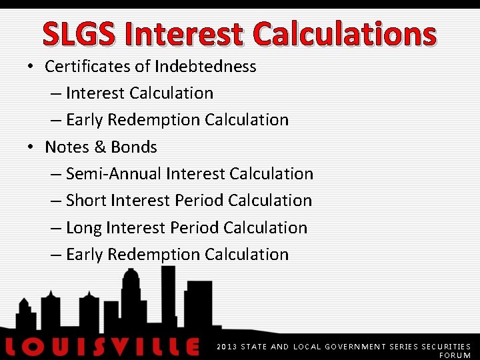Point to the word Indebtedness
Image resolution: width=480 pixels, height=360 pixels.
205,67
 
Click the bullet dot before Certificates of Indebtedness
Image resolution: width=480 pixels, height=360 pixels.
31,67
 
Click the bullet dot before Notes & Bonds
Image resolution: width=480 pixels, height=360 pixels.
31,147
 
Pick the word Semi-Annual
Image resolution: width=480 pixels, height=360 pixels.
114,174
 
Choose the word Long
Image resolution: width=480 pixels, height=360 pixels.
84,228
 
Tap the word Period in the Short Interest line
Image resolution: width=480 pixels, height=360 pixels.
199,201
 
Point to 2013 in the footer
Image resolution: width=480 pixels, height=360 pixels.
227,347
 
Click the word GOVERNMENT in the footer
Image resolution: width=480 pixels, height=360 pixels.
349,347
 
